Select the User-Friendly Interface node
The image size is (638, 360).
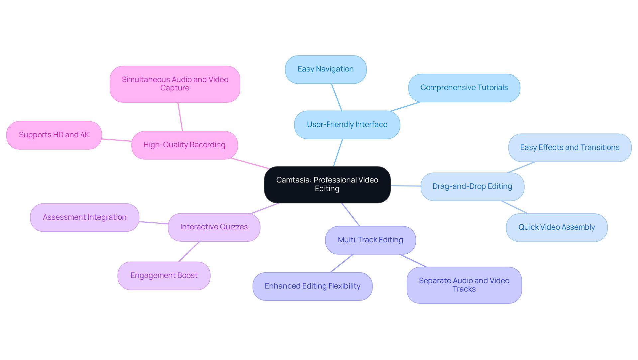pyautogui.click(x=347, y=125)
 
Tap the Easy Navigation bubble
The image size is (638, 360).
pyautogui.click(x=326, y=69)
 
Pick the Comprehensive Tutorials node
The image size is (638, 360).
pyautogui.click(x=464, y=88)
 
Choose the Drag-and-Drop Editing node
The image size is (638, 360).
pyautogui.click(x=472, y=186)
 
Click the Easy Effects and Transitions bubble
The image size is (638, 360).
pyautogui.click(x=570, y=148)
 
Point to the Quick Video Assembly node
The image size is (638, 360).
pyautogui.click(x=557, y=227)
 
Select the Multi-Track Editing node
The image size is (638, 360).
pyautogui.click(x=370, y=240)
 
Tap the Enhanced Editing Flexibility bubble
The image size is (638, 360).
pyautogui.click(x=312, y=286)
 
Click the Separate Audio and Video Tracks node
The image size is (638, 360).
pyautogui.click(x=464, y=285)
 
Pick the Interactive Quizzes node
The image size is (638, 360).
pyautogui.click(x=214, y=227)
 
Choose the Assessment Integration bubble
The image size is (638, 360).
pyautogui.click(x=84, y=217)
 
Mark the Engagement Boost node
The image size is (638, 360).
pyautogui.click(x=164, y=276)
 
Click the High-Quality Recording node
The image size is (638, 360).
pyautogui.click(x=184, y=145)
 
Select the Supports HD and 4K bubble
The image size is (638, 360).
pyautogui.click(x=54, y=135)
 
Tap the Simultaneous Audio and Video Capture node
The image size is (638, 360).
pyautogui.click(x=175, y=84)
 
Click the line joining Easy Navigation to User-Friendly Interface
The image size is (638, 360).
pyautogui.click(x=337, y=97)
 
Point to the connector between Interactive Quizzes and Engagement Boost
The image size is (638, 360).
pyautogui.click(x=189, y=252)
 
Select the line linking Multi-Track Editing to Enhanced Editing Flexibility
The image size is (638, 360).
pyautogui.click(x=342, y=263)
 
